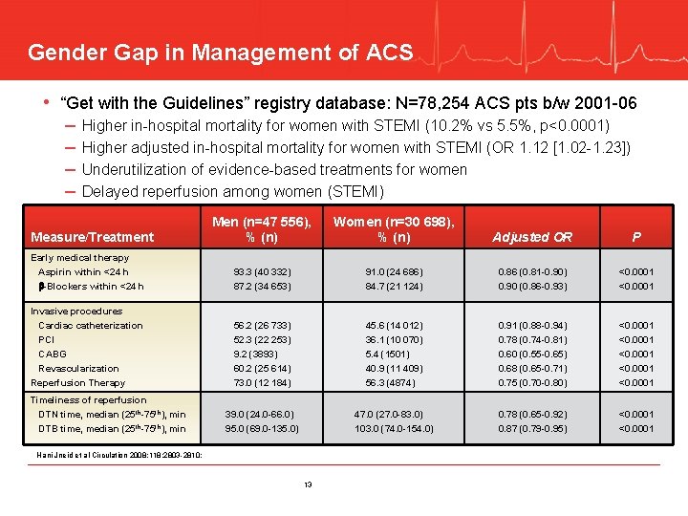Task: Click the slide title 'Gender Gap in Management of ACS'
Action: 220,52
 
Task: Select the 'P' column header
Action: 636,237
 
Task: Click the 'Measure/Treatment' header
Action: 92,237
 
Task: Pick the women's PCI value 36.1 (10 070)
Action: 394,339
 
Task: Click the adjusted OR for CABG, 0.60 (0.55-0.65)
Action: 532,354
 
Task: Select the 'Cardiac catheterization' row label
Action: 90,325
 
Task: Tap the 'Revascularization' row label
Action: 78,368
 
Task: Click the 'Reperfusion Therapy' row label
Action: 77,382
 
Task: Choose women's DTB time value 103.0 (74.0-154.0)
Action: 394,428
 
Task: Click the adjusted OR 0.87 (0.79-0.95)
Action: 532,428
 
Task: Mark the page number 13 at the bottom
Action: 308,484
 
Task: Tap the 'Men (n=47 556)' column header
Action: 262,229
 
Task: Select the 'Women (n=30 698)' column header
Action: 394,229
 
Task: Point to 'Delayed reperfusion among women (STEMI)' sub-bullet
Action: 232,191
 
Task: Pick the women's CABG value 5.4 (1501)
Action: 394,354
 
